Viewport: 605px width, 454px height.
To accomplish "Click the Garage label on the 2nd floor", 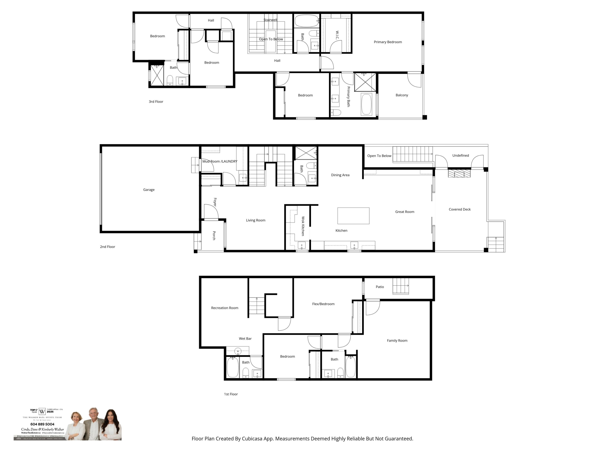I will click(x=149, y=190).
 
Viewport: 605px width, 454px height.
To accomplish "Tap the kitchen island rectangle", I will click(x=353, y=216).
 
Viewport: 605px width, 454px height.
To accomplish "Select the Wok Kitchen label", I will click(x=303, y=226).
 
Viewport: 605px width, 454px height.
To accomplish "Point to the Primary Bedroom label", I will click(x=388, y=42).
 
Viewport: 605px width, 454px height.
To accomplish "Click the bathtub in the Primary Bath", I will click(x=366, y=104).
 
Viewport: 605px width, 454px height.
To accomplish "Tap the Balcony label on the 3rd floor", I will click(x=402, y=95).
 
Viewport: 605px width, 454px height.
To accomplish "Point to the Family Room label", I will click(x=397, y=340).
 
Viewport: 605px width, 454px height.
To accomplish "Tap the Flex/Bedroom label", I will click(x=323, y=304).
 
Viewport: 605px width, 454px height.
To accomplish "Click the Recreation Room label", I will click(x=224, y=308).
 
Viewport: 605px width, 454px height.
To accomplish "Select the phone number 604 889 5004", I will click(x=42, y=424).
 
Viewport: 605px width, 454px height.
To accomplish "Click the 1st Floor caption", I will click(x=231, y=394).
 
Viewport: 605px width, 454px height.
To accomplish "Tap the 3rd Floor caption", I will click(x=156, y=101).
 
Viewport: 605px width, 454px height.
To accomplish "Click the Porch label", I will click(x=214, y=236).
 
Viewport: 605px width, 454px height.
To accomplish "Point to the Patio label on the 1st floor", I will click(x=380, y=287).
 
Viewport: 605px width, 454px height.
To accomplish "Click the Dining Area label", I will click(x=340, y=175).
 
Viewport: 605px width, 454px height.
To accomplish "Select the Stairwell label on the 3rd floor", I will click(x=270, y=20).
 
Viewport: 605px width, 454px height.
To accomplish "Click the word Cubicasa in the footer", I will click(x=252, y=439).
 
